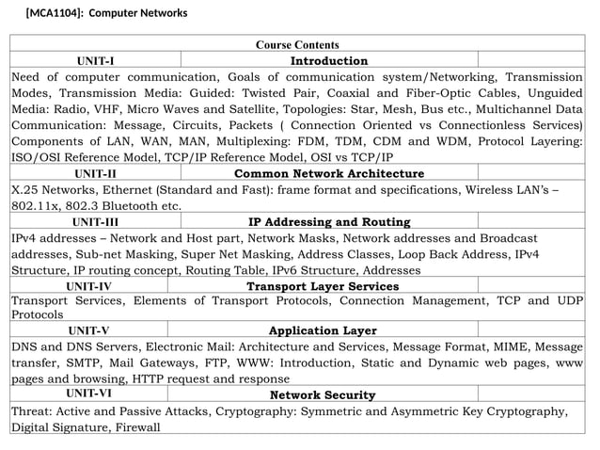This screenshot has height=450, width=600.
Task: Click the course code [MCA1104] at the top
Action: click(55, 13)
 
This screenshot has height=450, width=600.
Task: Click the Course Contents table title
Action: click(297, 44)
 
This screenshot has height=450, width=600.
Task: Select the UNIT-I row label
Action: click(88, 61)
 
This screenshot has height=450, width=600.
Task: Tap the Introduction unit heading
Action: click(328, 61)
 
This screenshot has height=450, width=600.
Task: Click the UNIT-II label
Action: click(95, 173)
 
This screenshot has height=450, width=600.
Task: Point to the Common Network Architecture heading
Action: click(328, 173)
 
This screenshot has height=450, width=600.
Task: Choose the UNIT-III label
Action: click(97, 222)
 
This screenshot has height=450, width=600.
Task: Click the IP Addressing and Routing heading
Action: click(329, 222)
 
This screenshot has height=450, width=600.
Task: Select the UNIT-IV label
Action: click(89, 286)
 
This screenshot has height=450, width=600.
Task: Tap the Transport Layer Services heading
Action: click(323, 286)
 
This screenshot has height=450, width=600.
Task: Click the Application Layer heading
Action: click(323, 330)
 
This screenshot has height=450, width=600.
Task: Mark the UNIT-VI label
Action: click(90, 394)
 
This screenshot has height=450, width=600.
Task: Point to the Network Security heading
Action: click(323, 394)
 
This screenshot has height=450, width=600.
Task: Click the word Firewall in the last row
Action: click(137, 427)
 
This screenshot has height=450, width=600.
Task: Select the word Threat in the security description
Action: click(32, 411)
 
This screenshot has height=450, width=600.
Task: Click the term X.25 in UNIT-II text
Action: click(25, 189)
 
